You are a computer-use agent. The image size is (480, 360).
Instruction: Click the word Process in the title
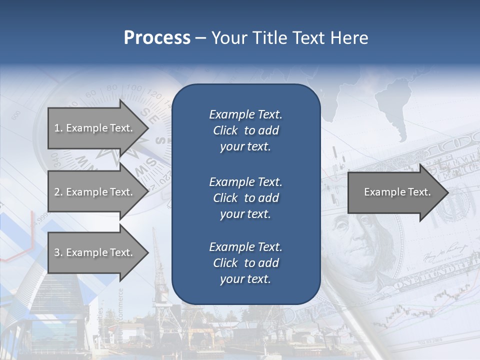(x=157, y=37)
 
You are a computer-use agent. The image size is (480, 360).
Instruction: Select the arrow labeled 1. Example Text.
(x=95, y=128)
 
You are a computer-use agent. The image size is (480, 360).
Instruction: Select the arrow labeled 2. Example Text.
(x=95, y=192)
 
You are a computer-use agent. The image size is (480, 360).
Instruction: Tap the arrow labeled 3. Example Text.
(x=95, y=252)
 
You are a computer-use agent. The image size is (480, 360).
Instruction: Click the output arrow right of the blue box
(x=395, y=192)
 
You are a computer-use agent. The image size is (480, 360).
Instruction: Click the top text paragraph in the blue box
(x=245, y=130)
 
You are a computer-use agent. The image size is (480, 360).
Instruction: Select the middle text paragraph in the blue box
(x=245, y=197)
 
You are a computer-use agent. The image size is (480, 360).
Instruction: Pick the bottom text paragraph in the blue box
(x=245, y=263)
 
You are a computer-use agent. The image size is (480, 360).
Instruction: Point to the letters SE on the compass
(x=149, y=115)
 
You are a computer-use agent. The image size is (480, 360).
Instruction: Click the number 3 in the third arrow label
(x=57, y=252)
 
